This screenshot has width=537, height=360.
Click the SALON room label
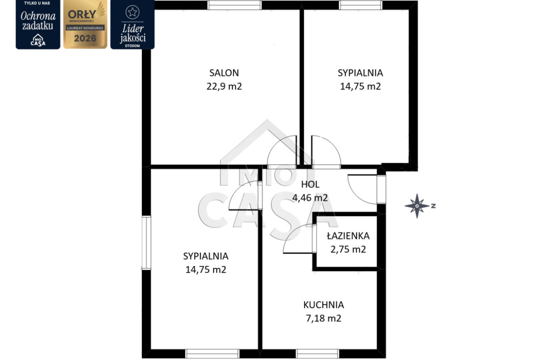(224, 73)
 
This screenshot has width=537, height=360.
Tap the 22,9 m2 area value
(224, 86)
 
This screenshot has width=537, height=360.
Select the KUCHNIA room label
(324, 305)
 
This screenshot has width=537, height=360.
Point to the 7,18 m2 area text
(324, 319)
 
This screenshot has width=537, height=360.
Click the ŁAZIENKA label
(348, 236)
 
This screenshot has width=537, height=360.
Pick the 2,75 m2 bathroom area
(348, 249)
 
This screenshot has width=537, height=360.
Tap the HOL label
(310, 184)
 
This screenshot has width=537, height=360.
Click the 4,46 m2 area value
(310, 198)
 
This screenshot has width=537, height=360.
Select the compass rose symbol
(417, 206)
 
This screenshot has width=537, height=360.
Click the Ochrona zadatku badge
(38, 25)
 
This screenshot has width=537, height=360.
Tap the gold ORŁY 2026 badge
(85, 25)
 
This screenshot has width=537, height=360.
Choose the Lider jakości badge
(133, 25)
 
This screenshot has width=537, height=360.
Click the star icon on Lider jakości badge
(133, 12)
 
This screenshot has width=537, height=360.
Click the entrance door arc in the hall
(356, 194)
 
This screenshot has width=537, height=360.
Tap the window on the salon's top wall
(235, 5)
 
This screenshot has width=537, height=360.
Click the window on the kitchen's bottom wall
(317, 354)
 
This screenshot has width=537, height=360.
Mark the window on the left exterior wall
(146, 243)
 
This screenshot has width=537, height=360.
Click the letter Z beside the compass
(433, 206)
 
